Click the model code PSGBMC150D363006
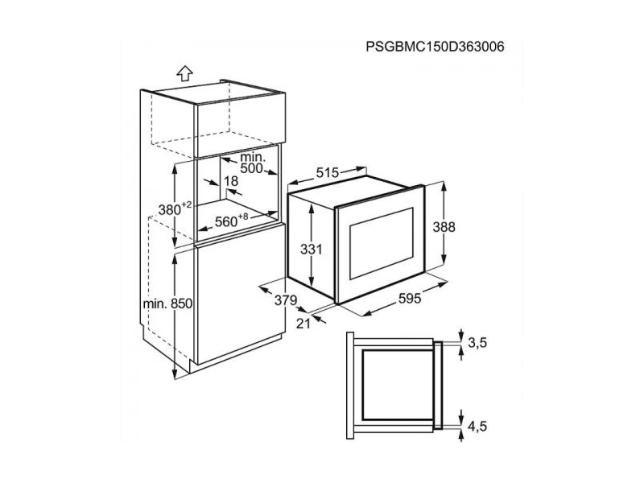435,47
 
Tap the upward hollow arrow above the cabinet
185,73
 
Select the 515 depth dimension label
328,173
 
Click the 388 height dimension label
444,227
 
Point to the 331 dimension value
312,249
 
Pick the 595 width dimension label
410,299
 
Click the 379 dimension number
286,300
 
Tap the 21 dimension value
303,324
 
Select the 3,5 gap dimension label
477,342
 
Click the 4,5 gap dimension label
477,426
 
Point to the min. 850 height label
167,303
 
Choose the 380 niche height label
170,210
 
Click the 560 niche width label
226,222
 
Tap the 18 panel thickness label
231,180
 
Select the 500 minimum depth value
251,168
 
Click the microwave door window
381,243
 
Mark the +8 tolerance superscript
243,217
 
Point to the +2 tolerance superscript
187,204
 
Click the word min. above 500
253,157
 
